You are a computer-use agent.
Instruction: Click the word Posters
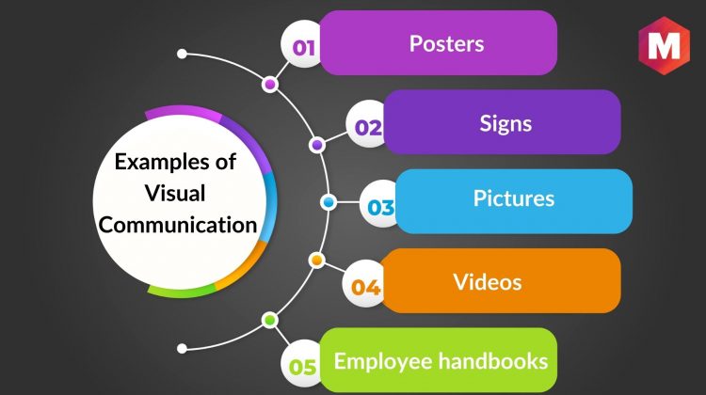pyautogui.click(x=446, y=43)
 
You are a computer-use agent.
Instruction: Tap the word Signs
pyautogui.click(x=505, y=124)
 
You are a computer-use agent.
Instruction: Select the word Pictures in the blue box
pyautogui.click(x=514, y=198)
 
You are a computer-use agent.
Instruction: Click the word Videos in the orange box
pyautogui.click(x=488, y=282)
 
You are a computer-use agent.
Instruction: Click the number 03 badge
pyautogui.click(x=380, y=204)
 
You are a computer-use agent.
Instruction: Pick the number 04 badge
pyautogui.click(x=364, y=284)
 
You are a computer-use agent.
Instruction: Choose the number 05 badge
pyautogui.click(x=302, y=364)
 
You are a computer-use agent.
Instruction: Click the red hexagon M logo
pyautogui.click(x=665, y=45)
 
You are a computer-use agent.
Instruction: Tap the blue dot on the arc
pyautogui.click(x=329, y=202)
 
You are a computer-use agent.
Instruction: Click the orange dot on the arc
pyautogui.click(x=317, y=260)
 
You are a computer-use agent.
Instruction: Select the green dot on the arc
pyautogui.click(x=270, y=321)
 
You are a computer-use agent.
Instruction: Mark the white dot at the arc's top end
pyautogui.click(x=182, y=54)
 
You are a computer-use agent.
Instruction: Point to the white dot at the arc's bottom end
pyautogui.click(x=182, y=348)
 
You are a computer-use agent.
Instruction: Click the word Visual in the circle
pyautogui.click(x=175, y=194)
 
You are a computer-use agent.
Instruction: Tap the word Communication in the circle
pyautogui.click(x=178, y=225)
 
